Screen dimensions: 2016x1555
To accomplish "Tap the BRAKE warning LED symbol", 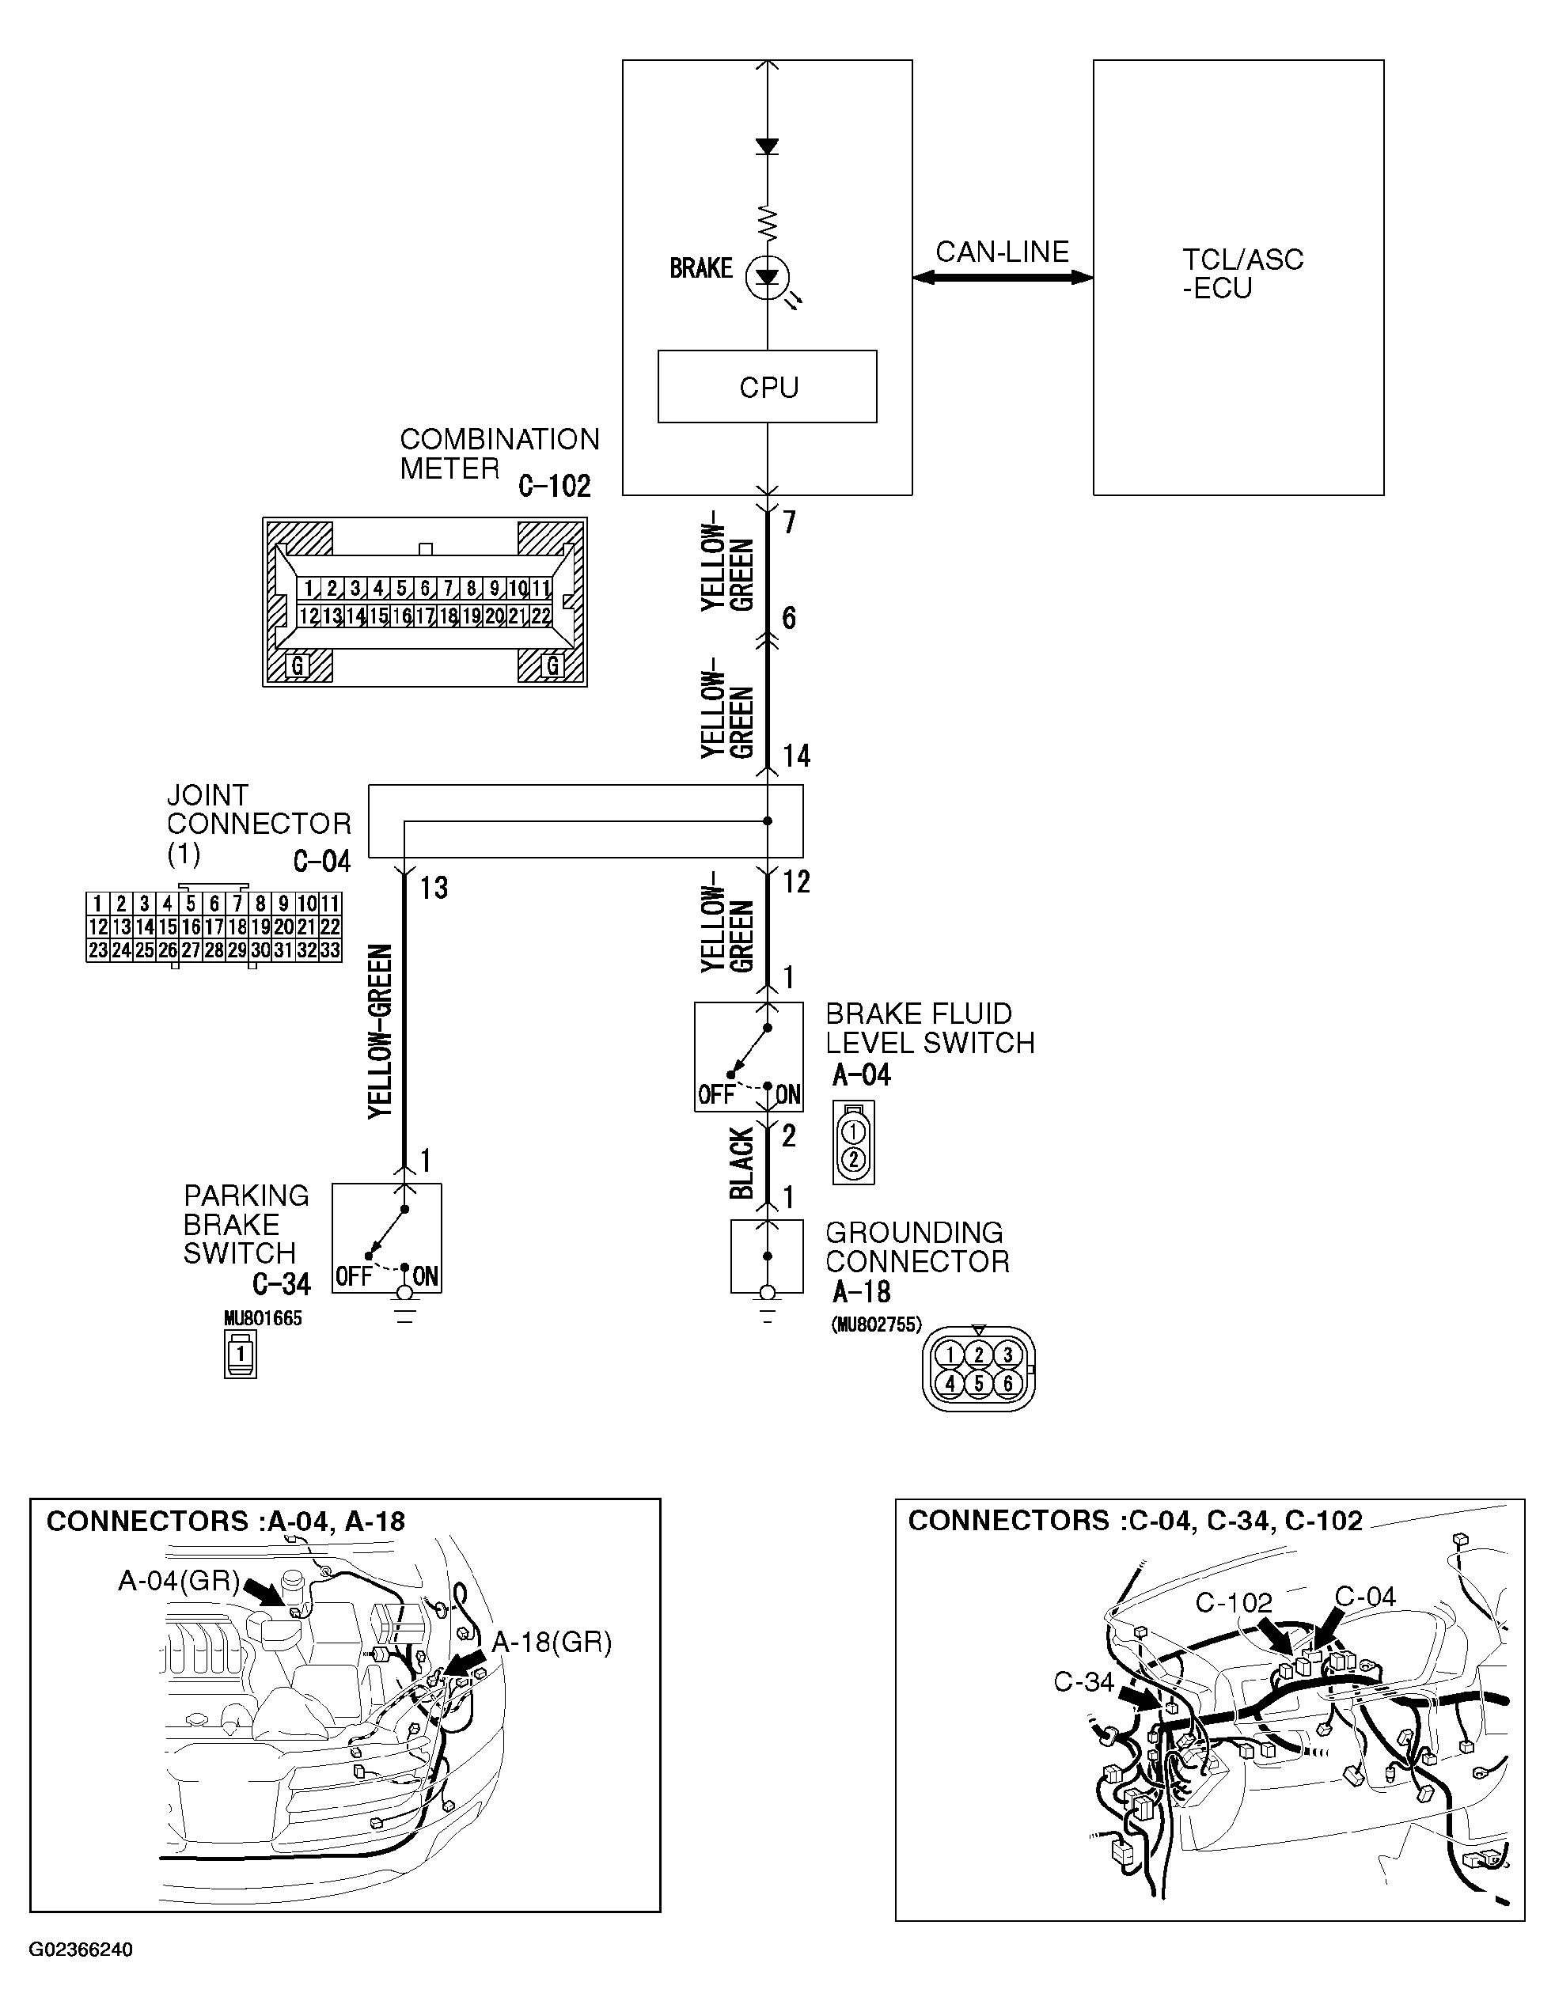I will (768, 277).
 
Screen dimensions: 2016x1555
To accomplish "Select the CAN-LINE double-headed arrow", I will (1002, 277).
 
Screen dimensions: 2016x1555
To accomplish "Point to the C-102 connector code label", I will (554, 486).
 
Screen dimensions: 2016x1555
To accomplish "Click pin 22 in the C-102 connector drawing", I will (541, 616).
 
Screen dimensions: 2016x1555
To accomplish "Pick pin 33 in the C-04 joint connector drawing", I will (330, 949).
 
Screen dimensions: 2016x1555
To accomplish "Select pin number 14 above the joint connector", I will (796, 756).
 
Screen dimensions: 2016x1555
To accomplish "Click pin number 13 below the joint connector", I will (433, 888).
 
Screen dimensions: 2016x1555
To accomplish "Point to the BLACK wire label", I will (741, 1163).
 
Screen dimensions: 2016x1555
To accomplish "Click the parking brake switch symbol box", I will (387, 1237).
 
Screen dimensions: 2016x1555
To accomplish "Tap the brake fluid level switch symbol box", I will (748, 1057).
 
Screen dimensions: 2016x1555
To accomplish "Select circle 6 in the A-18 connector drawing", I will (1007, 1383).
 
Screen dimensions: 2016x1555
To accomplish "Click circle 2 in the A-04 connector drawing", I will (853, 1158).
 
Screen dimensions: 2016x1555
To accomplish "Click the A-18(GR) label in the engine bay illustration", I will (552, 1643).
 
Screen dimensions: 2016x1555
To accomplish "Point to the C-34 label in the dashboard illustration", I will (1084, 1682).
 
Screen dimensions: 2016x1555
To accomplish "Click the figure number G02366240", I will (82, 1950).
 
